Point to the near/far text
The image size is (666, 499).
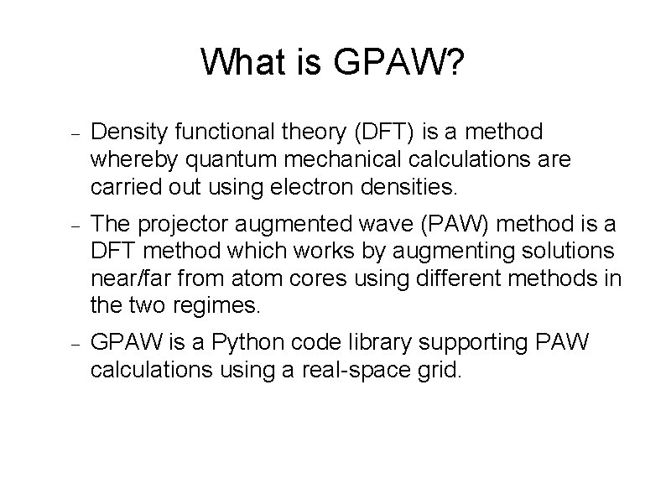132,278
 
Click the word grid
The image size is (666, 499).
441,370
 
